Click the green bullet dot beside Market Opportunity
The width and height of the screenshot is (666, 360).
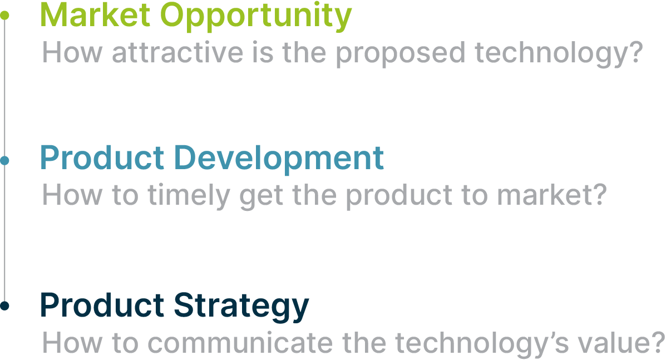coord(4,16)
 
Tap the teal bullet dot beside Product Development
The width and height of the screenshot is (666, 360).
coord(4,160)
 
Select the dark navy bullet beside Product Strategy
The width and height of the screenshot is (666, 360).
coord(4,305)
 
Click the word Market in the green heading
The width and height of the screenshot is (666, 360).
coord(95,15)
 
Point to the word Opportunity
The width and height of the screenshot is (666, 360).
coord(256,17)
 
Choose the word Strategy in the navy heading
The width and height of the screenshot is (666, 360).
coord(241,307)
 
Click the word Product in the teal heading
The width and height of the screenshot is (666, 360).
coord(102,158)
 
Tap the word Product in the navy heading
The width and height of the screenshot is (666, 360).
coord(102,305)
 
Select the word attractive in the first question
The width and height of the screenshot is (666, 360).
coord(177,53)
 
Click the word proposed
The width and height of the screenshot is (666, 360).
coord(401,55)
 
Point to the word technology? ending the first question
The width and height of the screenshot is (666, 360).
coord(559,55)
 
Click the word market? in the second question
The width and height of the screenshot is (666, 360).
coord(552,195)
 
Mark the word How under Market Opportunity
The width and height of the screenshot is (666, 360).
coord(72,53)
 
